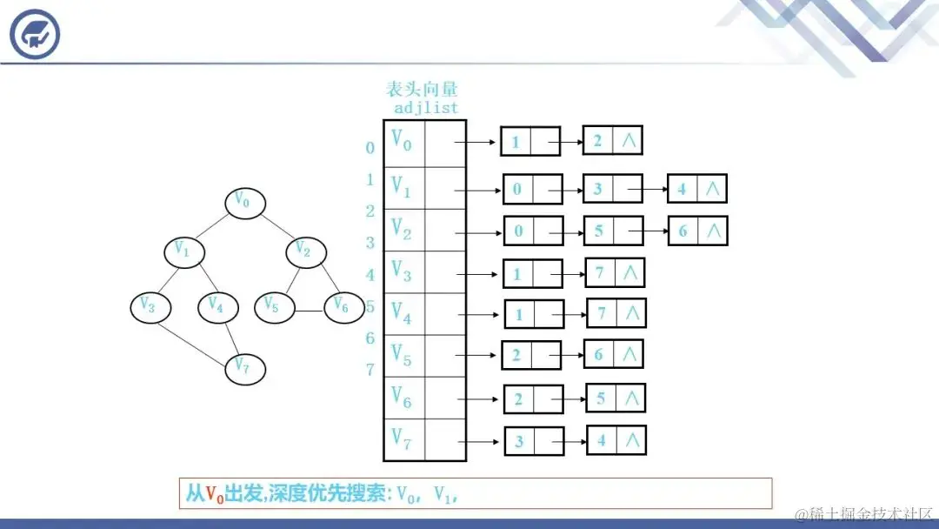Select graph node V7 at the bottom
point(244,369)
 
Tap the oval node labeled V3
point(149,306)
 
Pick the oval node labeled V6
point(343,306)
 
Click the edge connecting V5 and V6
point(309,311)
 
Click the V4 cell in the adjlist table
point(403,313)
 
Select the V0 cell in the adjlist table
point(403,141)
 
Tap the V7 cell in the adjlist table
point(403,440)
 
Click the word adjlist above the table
point(426,109)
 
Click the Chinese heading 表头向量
point(422,89)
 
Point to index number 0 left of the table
point(370,148)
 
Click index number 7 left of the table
point(370,370)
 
